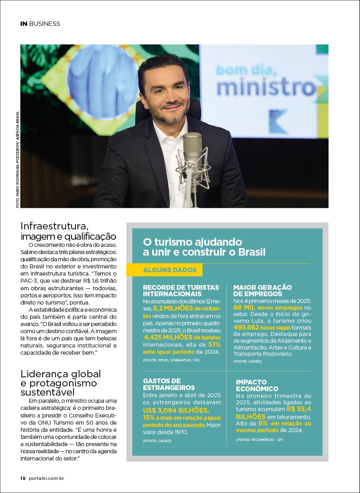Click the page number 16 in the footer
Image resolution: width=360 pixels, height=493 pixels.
[x=23, y=478]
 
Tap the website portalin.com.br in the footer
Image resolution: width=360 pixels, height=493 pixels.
[x=46, y=478]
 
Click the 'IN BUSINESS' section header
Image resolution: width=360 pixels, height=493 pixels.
[x=40, y=23]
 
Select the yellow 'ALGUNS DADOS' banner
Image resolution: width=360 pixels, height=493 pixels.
[x=170, y=270]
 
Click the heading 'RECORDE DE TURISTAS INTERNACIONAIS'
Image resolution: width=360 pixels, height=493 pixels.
[x=181, y=291]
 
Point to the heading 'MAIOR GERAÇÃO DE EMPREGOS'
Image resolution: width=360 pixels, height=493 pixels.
[x=263, y=291]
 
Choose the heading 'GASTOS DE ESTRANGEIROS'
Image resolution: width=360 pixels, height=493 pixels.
[x=169, y=384]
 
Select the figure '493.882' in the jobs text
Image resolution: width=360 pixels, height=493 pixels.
[x=246, y=327]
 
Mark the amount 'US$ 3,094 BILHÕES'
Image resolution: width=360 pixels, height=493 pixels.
[x=176, y=410]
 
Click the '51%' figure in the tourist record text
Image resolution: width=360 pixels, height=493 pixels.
[x=214, y=344]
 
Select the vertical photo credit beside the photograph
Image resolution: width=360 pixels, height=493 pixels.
[x=17, y=159]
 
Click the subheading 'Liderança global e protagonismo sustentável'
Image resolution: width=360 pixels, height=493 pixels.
[x=61, y=383]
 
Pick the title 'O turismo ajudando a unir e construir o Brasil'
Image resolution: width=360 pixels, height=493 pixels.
[x=204, y=247]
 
